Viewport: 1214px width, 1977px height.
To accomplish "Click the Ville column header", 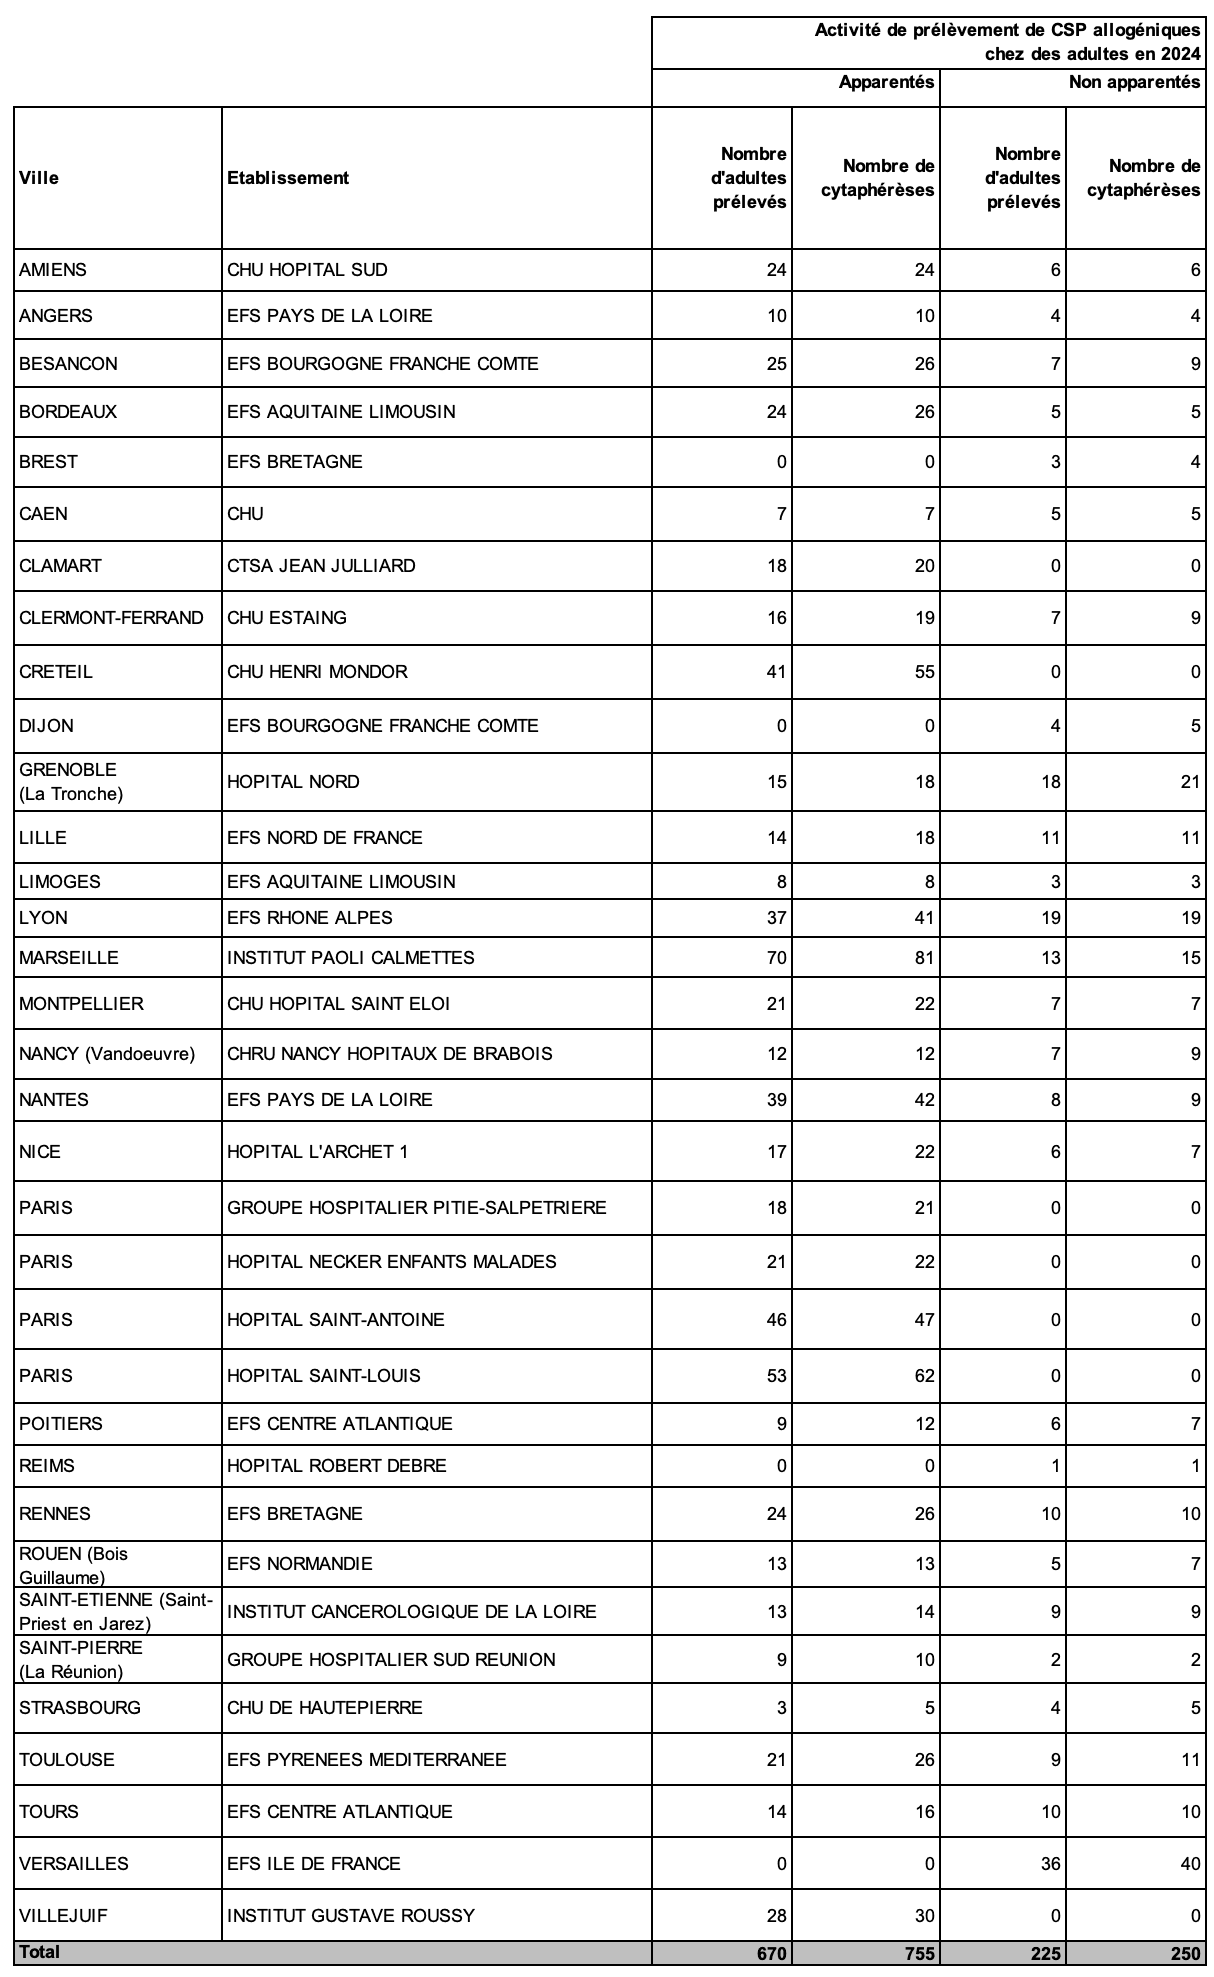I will (39, 178).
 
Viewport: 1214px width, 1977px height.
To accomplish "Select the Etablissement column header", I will (288, 178).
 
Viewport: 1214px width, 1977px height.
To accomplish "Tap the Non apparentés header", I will (1134, 82).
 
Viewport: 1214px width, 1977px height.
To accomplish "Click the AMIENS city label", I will (53, 270).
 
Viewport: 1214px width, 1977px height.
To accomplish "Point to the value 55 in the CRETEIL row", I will (924, 672).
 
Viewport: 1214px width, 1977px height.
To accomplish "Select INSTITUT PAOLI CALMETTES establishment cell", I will (350, 958).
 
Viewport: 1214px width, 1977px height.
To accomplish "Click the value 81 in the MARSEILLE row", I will (924, 958).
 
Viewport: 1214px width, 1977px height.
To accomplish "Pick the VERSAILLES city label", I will (73, 1864).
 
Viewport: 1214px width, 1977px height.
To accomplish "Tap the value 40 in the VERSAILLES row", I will (1190, 1864).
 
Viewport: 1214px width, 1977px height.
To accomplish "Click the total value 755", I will (918, 1953).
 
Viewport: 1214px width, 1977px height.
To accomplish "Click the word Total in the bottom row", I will (39, 1952).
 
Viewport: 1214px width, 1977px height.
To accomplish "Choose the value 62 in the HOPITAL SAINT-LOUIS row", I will (924, 1376).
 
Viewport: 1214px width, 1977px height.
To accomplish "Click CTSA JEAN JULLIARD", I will (321, 566).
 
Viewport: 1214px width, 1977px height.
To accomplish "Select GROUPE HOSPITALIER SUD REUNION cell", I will (391, 1660).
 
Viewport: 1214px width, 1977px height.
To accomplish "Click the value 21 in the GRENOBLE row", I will (1190, 782).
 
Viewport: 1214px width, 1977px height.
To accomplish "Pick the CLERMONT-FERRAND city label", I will (111, 618).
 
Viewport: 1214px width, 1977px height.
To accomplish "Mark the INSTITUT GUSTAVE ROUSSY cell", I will (351, 1916).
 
